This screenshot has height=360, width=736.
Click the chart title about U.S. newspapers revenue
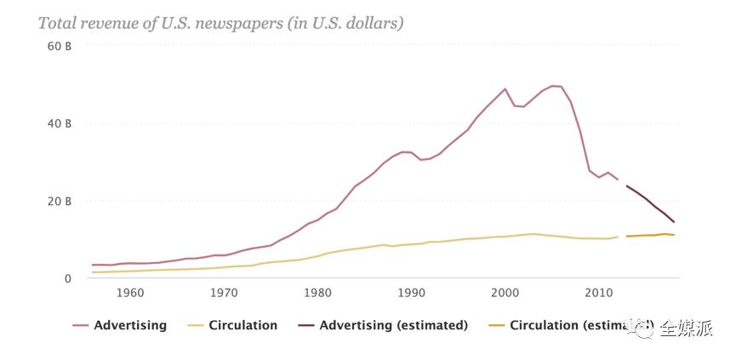point(220,23)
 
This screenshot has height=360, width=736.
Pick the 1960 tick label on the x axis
point(129,294)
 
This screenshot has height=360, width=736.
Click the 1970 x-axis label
point(224,294)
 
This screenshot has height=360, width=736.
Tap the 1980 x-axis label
point(317,294)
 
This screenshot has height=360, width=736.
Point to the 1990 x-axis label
point(411,294)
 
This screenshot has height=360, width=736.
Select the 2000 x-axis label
point(505,294)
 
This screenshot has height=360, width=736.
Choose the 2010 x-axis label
point(598,294)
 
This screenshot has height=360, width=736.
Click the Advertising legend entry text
point(130,325)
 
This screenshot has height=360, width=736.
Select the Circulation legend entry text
point(242,325)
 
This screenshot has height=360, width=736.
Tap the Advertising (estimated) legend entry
point(393,325)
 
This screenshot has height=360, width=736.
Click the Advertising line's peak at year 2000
point(505,89)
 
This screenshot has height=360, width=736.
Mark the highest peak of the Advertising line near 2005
point(552,86)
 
